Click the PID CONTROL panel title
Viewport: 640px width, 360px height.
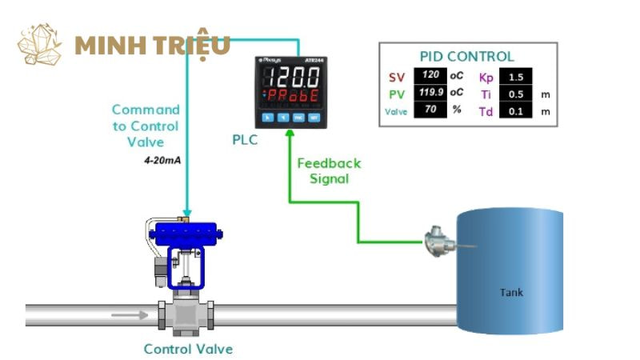click(x=466, y=57)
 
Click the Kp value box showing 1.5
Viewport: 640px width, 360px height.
click(x=515, y=78)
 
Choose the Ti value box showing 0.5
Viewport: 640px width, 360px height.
click(x=515, y=94)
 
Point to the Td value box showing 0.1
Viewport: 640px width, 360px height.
click(x=515, y=111)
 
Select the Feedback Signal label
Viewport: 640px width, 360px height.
click(x=329, y=170)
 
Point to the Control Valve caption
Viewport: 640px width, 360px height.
click(x=188, y=349)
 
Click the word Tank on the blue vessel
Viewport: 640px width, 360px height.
click(x=511, y=292)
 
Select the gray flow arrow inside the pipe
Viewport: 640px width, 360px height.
click(x=128, y=314)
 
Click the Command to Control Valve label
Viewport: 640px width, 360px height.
click(x=146, y=126)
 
